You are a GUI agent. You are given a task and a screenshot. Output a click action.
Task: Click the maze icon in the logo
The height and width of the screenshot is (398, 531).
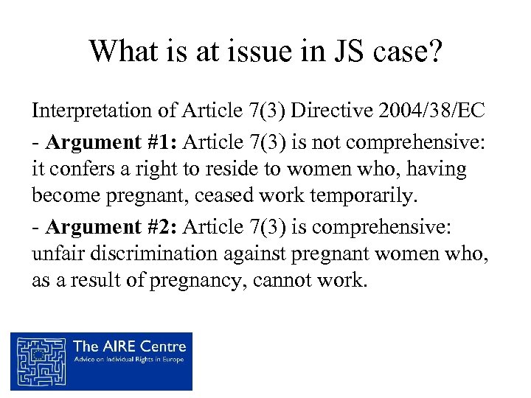[x=40, y=360]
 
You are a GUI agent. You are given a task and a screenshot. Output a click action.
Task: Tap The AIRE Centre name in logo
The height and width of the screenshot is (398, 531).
[x=130, y=345]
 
